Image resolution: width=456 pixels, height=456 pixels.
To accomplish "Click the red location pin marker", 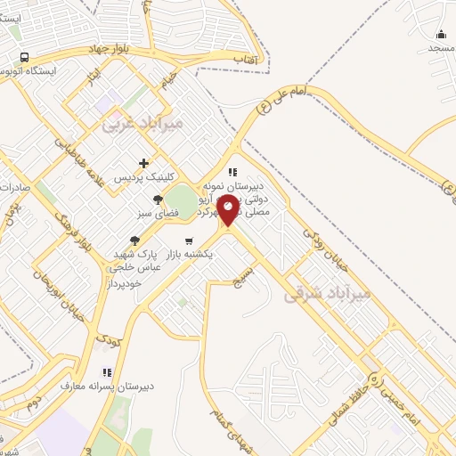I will point(228,210).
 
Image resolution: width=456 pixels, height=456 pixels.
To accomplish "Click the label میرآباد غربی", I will point(142,124).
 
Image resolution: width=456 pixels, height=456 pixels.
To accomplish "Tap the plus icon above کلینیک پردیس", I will point(143,164).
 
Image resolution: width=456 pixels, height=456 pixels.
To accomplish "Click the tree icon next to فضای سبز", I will point(159,199).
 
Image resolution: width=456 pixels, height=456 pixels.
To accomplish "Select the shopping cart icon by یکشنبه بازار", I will point(189,240).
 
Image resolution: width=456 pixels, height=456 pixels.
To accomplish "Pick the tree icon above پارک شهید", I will point(135,240).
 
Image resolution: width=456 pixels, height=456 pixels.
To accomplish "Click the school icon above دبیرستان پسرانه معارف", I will point(107,372).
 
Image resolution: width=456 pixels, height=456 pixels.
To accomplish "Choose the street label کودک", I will point(108,340).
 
